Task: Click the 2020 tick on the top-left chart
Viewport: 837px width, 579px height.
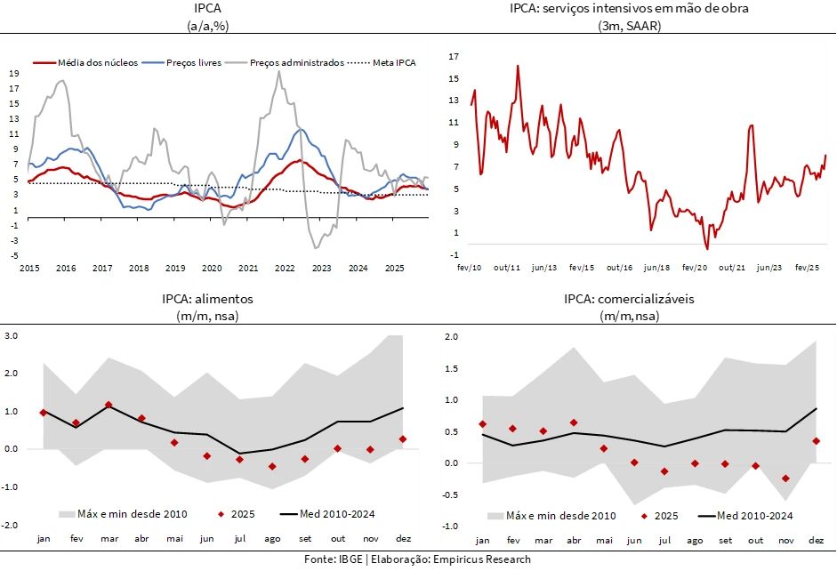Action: pos(212,268)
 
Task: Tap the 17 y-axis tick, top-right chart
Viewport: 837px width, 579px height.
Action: pos(454,57)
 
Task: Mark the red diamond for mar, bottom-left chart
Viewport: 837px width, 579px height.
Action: pos(109,405)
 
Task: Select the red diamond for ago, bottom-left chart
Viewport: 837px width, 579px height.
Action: pos(272,466)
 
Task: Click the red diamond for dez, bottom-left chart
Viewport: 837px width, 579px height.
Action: pos(403,438)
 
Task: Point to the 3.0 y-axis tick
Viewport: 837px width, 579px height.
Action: pos(12,336)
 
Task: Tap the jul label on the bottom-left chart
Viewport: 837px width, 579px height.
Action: pos(240,539)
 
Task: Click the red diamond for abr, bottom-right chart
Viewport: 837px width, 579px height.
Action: pos(574,422)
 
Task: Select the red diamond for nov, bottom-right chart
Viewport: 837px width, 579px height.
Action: pos(785,478)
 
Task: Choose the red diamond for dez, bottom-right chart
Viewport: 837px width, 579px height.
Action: pos(816,441)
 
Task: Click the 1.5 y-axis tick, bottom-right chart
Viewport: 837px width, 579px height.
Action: pos(451,368)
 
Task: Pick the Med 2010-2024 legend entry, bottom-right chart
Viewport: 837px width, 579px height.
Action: pos(754,515)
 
